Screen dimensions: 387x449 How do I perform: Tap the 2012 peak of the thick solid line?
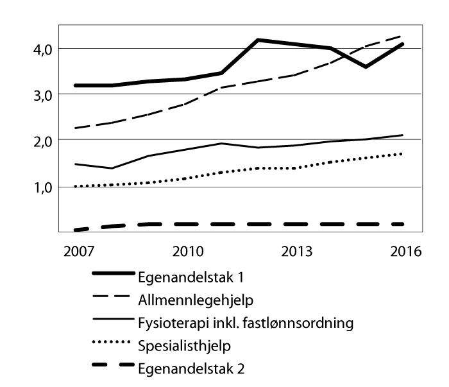[258, 40]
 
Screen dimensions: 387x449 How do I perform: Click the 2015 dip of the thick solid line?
[366, 67]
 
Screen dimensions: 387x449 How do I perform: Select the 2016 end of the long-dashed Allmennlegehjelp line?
[402, 36]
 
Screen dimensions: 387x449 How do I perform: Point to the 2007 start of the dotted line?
[75, 186]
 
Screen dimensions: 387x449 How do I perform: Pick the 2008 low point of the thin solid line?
[112, 168]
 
